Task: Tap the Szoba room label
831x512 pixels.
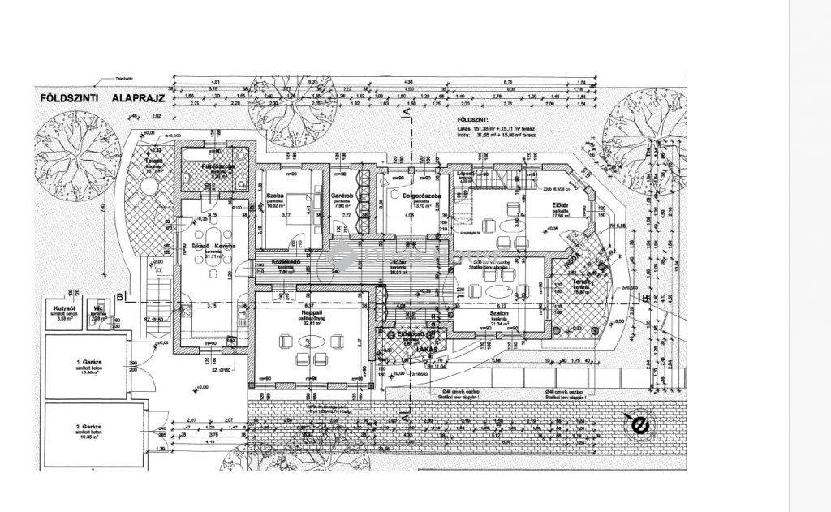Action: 274,196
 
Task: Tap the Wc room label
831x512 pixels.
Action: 97,309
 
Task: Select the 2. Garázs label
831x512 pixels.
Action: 88,429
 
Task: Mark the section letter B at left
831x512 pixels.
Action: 118,296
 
